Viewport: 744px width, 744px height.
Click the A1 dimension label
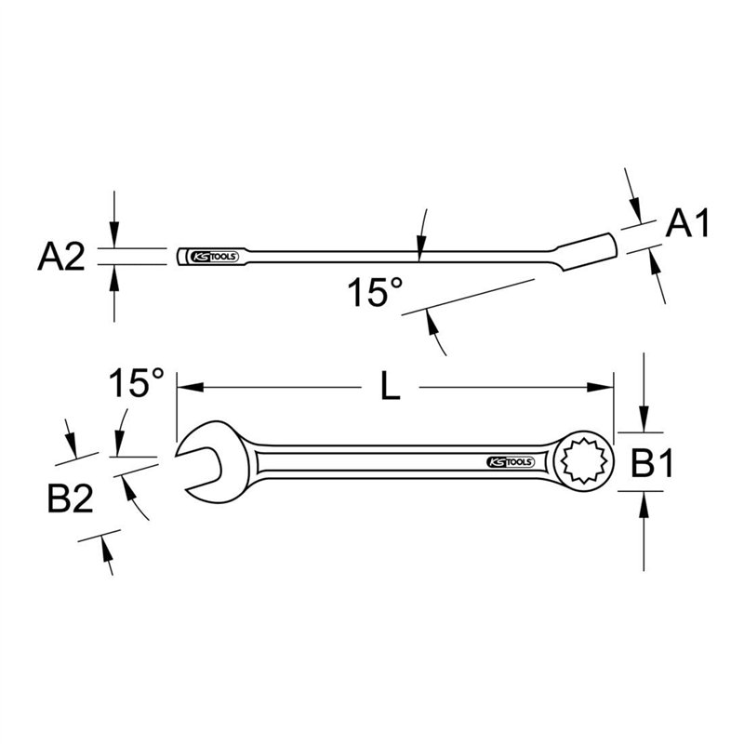coord(689,224)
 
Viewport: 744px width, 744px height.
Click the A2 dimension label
coord(60,256)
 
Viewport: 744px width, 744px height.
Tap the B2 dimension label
coord(70,501)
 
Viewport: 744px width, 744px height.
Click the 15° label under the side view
coord(376,293)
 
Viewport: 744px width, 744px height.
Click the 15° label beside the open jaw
coord(137,383)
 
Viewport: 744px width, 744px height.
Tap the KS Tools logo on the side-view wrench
coord(215,256)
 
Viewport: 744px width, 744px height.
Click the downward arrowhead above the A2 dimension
coord(113,240)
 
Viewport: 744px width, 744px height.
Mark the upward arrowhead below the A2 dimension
coord(113,272)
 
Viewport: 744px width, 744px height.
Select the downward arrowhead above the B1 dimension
coord(644,424)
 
